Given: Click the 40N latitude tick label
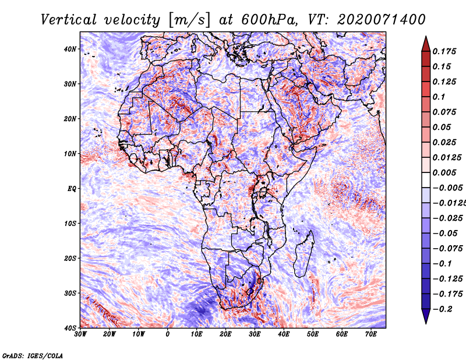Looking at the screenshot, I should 70,49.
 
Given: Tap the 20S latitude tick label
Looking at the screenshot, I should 70,258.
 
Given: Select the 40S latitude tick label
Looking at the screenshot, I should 70,327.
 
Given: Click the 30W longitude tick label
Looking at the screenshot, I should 80,334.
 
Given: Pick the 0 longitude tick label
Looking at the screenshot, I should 168,334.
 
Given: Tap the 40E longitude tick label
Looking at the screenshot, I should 284,334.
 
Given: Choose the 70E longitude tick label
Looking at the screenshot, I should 371,334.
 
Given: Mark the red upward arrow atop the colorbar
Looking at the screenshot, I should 426,44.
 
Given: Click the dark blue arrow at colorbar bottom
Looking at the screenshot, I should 426,316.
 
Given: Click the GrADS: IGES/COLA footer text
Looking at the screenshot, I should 32,355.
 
